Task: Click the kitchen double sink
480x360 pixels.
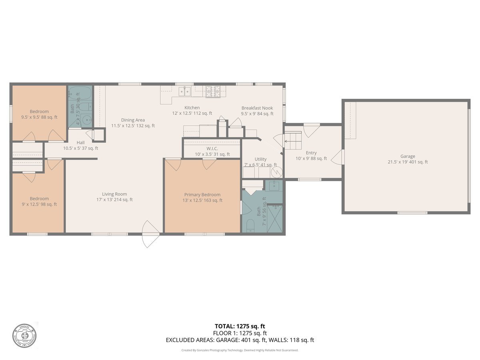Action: [184, 92]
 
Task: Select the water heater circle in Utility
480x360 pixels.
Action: [277, 172]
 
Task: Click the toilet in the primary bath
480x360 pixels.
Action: [250, 226]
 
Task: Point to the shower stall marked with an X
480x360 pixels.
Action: [275, 219]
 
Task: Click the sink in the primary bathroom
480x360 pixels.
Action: [274, 186]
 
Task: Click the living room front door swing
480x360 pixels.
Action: [151, 234]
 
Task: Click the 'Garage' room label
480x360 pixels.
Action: [408, 156]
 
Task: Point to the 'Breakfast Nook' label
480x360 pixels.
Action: [257, 108]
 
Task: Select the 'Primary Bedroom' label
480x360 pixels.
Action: [202, 194]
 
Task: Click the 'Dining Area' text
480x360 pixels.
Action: [133, 120]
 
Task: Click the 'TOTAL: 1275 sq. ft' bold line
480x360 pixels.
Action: [240, 326]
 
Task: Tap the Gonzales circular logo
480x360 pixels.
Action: [24, 334]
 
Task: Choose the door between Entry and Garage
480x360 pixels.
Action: [338, 157]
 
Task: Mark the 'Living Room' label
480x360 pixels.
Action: [114, 194]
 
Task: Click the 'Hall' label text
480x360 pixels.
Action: [80, 142]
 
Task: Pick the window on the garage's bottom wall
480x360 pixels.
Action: [412, 212]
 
